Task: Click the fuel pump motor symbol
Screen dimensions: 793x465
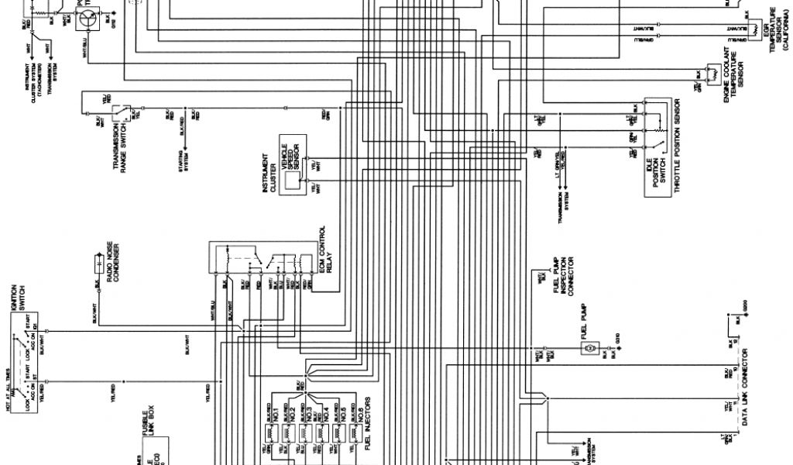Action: click(589, 350)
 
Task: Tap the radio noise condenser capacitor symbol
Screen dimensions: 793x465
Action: click(101, 267)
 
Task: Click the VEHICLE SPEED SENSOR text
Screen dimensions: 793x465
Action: click(290, 151)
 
